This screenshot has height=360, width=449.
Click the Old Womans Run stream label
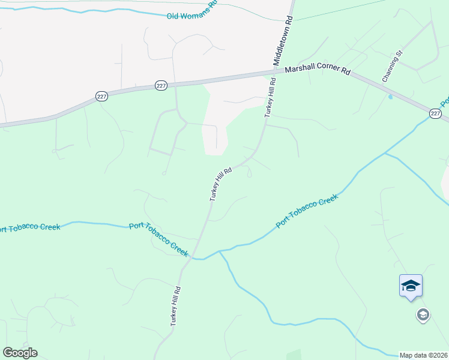tap(191, 13)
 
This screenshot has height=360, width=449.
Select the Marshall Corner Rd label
tap(317, 70)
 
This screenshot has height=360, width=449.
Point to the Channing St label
tap(391, 68)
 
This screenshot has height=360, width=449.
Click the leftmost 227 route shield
tap(101, 96)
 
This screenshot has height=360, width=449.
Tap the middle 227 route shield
tap(160, 86)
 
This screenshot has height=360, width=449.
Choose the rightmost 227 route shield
tap(436, 113)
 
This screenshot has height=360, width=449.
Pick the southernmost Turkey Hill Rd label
tap(175, 305)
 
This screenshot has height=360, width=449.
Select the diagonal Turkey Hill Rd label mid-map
tap(221, 184)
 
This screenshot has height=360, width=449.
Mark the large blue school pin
tap(411, 285)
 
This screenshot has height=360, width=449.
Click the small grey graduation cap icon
tap(423, 314)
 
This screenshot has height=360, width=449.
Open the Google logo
tap(20, 353)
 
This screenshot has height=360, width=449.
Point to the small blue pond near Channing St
tap(391, 96)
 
